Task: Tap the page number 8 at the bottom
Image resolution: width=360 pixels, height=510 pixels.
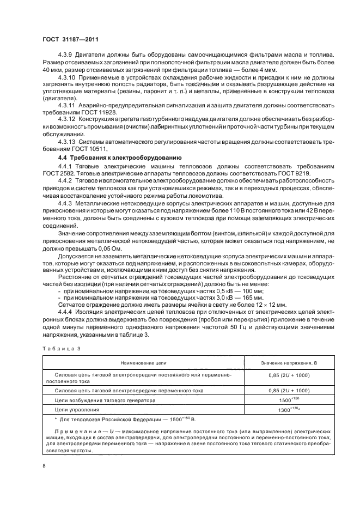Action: [x=44, y=465]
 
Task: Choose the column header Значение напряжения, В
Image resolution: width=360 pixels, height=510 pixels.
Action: [x=289, y=362]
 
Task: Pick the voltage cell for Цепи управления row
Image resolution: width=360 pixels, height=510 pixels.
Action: [x=289, y=409]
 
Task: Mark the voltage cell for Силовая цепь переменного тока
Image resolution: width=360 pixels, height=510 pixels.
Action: [x=289, y=390]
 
